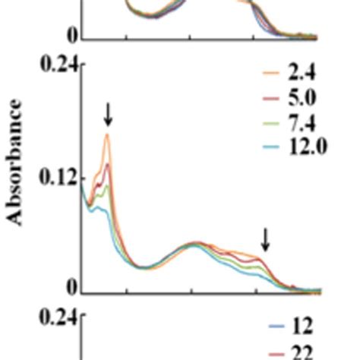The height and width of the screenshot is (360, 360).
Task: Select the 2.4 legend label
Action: point(302,73)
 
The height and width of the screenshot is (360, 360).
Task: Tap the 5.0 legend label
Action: point(302,97)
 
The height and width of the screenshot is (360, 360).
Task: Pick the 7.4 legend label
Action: point(302,122)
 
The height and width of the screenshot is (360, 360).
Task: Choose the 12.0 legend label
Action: point(307,146)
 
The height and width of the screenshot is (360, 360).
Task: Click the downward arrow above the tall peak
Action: point(108,115)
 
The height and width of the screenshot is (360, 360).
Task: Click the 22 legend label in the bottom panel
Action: point(302,352)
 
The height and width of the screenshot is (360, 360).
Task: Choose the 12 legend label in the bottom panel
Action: point(302,327)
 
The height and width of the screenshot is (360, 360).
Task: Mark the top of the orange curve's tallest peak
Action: point(108,134)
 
